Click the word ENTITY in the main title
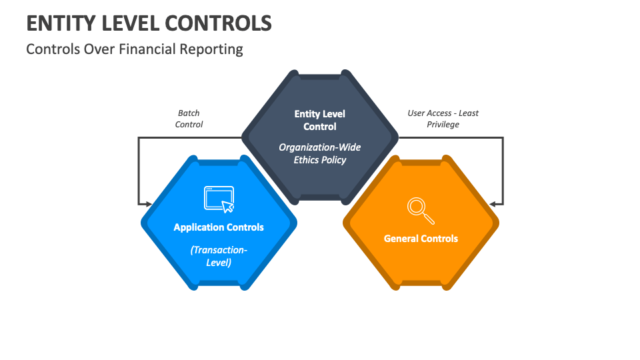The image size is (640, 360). tap(61, 23)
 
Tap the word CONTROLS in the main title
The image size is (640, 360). tap(219, 23)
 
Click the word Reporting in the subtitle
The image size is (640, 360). tap(211, 50)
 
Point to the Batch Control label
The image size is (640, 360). tap(189, 119)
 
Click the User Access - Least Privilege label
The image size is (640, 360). tap(443, 119)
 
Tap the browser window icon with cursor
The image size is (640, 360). tap(219, 199)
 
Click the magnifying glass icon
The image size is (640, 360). tap(421, 211)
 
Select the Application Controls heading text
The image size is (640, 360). tap(219, 227)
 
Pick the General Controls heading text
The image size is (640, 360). tap(421, 239)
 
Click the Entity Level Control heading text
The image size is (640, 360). tap(320, 120)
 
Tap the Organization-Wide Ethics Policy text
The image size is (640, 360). tap(320, 153)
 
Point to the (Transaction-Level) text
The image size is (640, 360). tap(219, 256)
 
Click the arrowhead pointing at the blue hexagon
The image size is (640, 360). tap(148, 204)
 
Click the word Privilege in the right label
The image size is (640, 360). tap(443, 125)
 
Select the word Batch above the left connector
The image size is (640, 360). tap(189, 113)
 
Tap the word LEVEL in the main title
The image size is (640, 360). tap(131, 23)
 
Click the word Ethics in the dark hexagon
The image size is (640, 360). tap(307, 160)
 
